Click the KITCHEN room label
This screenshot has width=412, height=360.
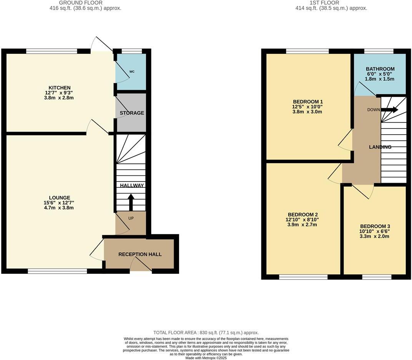[59, 88]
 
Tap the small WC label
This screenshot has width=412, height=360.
[132, 72]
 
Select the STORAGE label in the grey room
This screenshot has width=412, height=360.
[132, 113]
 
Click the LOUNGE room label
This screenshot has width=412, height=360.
[59, 198]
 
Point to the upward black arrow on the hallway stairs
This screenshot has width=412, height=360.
[131, 202]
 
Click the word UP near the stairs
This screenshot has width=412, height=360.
[131, 218]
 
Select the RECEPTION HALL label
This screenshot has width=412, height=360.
[140, 254]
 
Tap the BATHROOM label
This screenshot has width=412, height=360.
[380, 69]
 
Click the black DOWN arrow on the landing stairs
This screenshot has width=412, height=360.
[389, 110]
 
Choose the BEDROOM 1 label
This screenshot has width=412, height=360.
[307, 102]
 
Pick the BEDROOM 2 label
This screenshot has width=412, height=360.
[303, 215]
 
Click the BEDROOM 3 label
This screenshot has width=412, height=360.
[375, 226]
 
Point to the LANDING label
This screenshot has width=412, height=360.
[380, 147]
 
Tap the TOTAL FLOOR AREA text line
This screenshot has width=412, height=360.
[206, 333]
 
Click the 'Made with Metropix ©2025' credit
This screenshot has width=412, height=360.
[206, 358]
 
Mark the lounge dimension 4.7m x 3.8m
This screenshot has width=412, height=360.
[59, 208]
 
